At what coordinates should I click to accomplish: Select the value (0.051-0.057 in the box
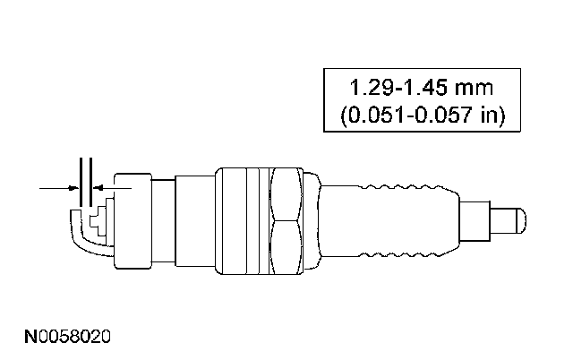(x=406, y=116)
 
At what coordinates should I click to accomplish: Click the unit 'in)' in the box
(x=493, y=116)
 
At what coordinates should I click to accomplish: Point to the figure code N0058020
(x=67, y=337)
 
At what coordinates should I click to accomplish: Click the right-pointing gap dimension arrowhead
(x=74, y=188)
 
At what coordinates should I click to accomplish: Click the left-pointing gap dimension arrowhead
(x=98, y=188)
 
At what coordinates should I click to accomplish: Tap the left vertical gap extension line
(x=81, y=182)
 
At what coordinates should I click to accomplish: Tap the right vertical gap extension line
(x=90, y=182)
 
